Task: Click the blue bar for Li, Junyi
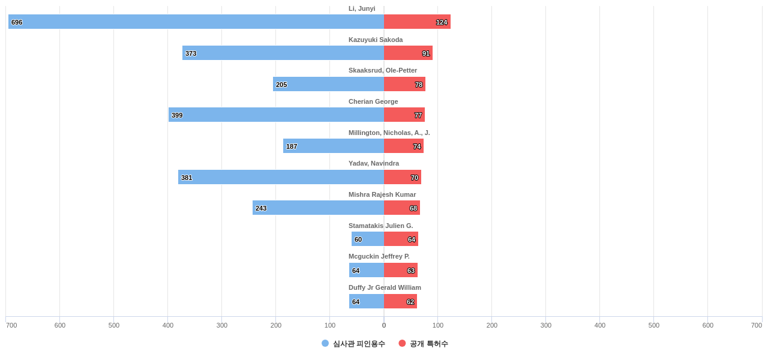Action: point(196,22)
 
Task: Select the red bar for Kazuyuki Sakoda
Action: point(408,53)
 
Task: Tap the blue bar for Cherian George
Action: point(276,115)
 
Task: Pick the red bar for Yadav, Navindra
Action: point(403,177)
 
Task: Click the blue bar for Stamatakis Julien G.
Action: point(368,239)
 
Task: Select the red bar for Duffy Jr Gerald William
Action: point(400,301)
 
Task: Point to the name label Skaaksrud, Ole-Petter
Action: point(383,70)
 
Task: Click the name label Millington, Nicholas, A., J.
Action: point(389,133)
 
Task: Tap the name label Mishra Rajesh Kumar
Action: point(382,194)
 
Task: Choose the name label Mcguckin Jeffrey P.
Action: point(379,256)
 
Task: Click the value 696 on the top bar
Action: point(17,22)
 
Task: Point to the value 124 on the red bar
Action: point(442,22)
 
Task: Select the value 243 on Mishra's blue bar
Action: point(261,208)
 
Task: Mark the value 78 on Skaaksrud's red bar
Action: point(419,85)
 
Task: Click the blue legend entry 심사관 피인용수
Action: point(353,344)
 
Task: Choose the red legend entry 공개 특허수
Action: point(424,344)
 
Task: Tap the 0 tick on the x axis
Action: point(384,325)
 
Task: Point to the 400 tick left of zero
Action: point(168,325)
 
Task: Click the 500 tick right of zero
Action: point(654,325)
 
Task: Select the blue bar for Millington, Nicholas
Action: point(334,146)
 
